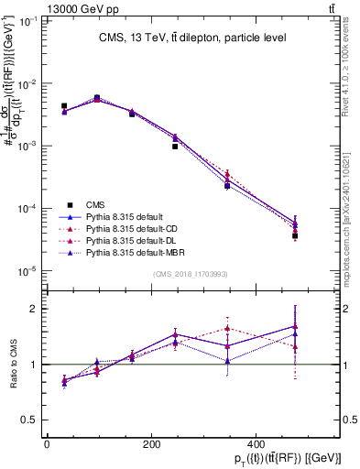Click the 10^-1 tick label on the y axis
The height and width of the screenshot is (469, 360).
(x=30, y=20)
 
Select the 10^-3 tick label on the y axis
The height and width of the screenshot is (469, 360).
(x=30, y=146)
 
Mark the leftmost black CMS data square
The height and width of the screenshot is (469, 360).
(x=64, y=106)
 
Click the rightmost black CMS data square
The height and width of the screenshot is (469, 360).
(x=295, y=235)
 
